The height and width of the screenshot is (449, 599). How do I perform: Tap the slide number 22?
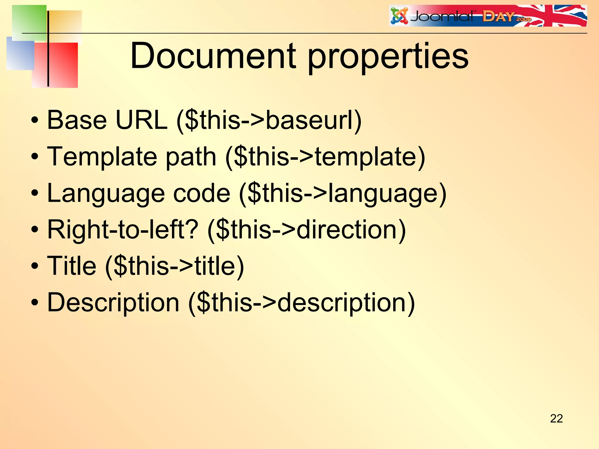pos(556,419)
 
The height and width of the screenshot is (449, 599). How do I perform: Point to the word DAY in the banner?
pos(498,17)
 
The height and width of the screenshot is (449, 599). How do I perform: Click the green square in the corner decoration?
pos(29,22)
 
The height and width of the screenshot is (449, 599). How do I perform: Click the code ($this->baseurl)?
pos(269,120)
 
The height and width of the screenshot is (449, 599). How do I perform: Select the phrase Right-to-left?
pos(123,229)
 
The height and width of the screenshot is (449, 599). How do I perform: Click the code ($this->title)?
pos(174,266)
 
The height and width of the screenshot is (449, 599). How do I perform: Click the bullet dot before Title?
pos(35,266)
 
